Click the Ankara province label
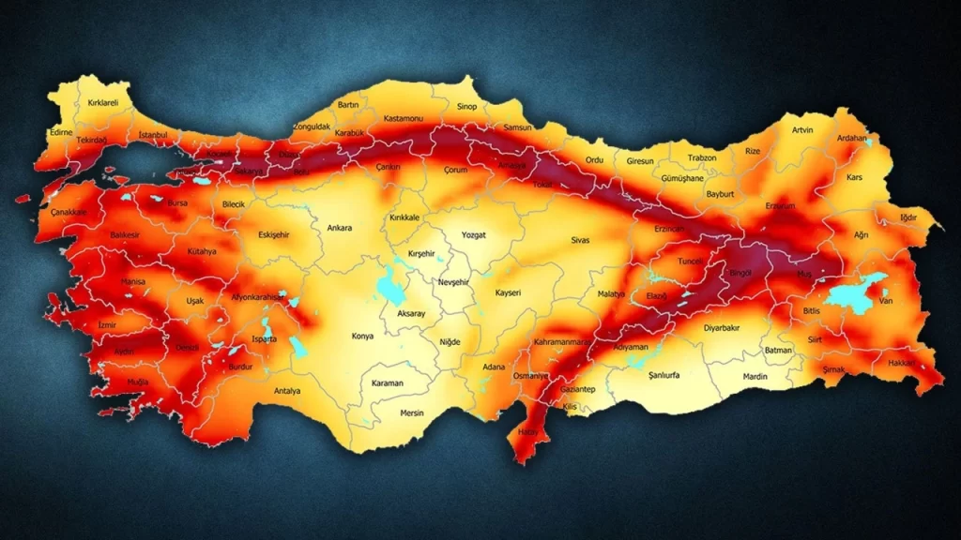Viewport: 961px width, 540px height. point(340,228)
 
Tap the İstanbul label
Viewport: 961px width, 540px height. point(152,135)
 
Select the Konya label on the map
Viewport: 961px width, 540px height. point(362,336)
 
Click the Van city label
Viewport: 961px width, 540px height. point(884,300)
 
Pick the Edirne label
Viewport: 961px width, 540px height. point(62,133)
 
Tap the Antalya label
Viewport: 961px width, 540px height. point(287,390)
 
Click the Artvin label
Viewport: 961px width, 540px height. point(802,129)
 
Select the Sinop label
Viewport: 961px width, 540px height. point(466,107)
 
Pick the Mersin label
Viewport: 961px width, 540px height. point(412,412)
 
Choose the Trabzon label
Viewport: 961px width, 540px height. point(701,157)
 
